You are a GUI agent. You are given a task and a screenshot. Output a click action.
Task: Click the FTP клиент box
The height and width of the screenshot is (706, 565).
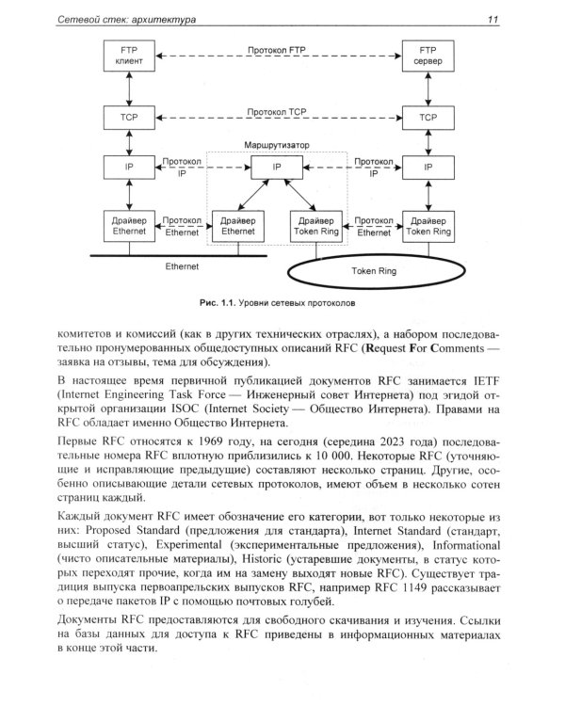(126, 54)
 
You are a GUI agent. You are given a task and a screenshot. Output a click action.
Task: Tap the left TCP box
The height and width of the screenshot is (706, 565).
(126, 117)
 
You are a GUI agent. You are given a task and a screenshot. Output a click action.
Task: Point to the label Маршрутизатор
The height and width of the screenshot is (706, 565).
(276, 146)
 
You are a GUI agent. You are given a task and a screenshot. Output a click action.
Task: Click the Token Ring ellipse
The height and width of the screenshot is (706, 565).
(363, 272)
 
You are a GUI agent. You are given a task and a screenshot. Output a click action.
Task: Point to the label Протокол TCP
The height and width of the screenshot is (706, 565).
(277, 110)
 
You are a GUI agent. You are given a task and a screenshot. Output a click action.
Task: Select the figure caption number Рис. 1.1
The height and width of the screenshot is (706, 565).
(217, 304)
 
